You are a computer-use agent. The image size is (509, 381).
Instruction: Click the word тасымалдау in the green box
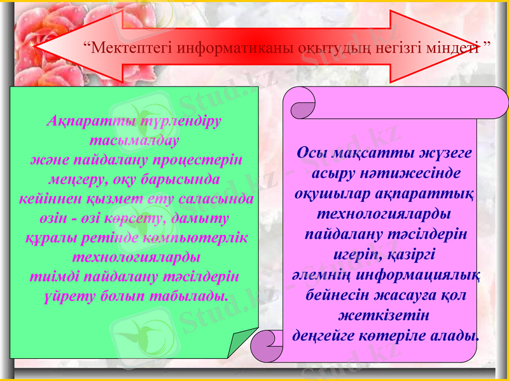click(x=135, y=139)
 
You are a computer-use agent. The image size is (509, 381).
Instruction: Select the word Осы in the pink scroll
click(x=311, y=153)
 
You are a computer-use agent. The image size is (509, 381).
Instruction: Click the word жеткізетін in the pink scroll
click(x=383, y=315)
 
